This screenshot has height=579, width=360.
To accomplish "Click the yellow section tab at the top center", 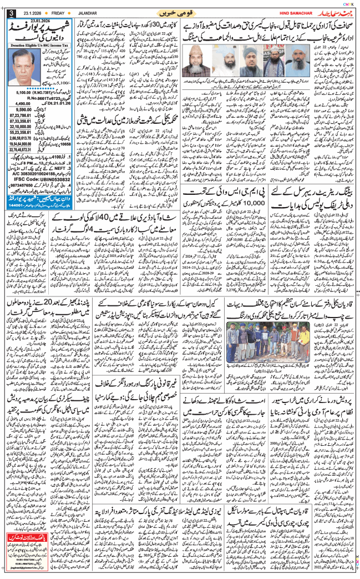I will pyautogui.click(x=181, y=12).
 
